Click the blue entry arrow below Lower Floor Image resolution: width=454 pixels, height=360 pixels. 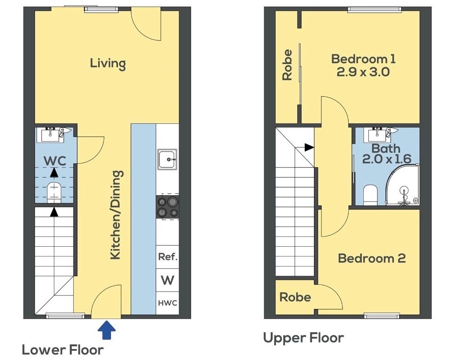pos(107,330)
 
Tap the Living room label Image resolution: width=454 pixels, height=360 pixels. pos(108,64)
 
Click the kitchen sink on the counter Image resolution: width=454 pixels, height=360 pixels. pos(167,159)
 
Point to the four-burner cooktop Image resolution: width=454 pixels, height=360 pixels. pos(167,207)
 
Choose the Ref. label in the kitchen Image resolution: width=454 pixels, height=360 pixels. pos(168,257)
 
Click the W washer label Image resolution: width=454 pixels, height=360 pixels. pos(168,280)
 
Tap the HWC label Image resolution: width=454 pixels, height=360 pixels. pos(168,303)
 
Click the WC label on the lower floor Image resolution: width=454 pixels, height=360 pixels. pos(55,161)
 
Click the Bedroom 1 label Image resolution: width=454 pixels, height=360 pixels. pos(363,59)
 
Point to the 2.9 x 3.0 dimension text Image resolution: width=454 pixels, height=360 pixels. pos(363,72)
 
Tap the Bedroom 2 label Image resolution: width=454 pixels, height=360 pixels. pos(372,258)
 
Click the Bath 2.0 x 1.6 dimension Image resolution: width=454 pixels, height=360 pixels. pos(386,159)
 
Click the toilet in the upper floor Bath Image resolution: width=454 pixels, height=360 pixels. pos(370,195)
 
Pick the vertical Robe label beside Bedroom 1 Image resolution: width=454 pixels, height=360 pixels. pos(287,65)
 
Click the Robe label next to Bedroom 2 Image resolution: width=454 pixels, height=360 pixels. pos(295,297)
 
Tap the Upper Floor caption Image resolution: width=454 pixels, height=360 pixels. pos(303,338)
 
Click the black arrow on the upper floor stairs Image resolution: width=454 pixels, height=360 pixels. pos(309,147)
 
